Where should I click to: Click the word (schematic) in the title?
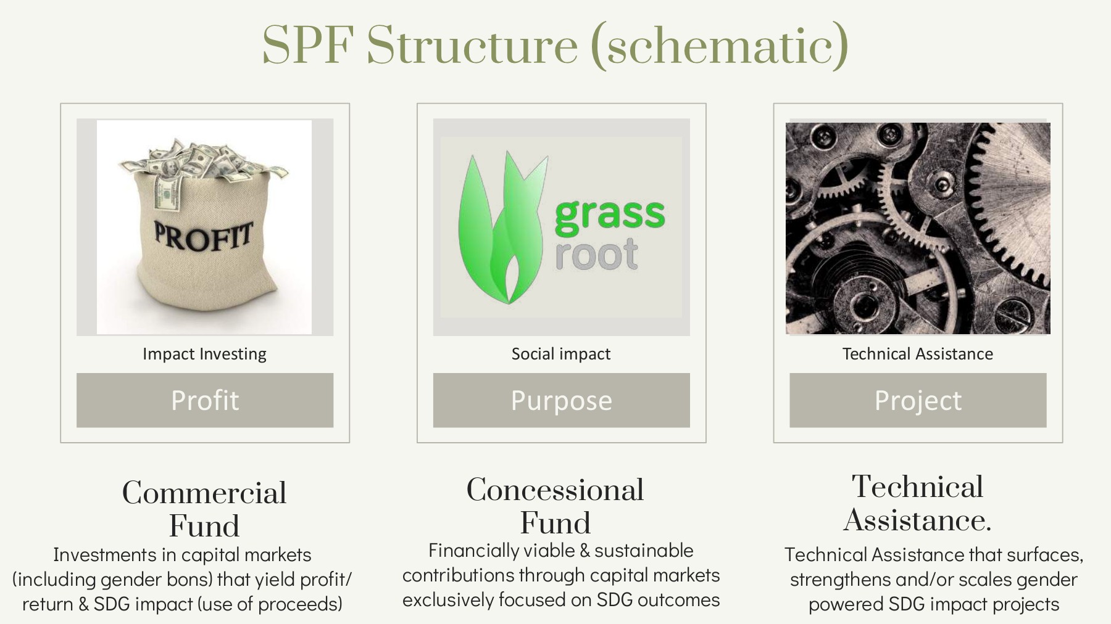[720, 46]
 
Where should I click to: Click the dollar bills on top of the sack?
[204, 160]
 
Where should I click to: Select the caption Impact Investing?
[204, 354]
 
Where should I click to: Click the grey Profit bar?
[204, 400]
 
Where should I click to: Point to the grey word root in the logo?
[596, 255]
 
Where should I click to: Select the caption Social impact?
[560, 354]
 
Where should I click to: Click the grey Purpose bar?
[561, 400]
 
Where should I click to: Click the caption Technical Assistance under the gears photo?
[917, 354]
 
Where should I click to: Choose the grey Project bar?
[918, 400]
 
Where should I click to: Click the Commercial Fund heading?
[204, 509]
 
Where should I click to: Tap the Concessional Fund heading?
[555, 506]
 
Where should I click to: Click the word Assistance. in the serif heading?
[917, 520]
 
